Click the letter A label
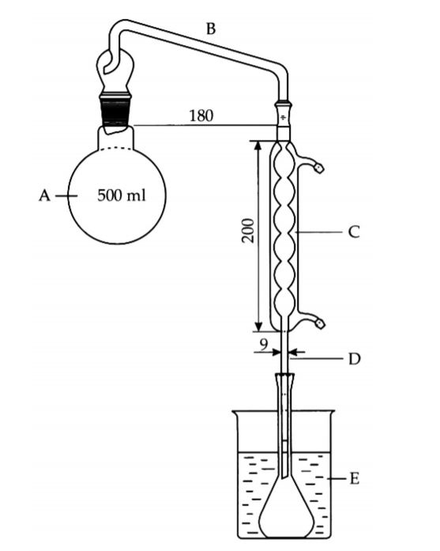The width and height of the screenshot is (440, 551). [44, 195]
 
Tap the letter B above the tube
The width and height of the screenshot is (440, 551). [210, 28]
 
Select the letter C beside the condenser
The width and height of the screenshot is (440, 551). [354, 232]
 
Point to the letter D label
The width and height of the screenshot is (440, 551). [355, 359]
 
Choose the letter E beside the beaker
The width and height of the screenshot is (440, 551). [355, 478]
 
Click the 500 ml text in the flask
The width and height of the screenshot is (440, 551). [122, 195]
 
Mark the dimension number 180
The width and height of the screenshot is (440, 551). [201, 115]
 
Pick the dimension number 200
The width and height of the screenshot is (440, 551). [248, 231]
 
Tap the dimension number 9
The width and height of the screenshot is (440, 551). [264, 345]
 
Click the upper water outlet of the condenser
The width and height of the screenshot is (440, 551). [310, 163]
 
